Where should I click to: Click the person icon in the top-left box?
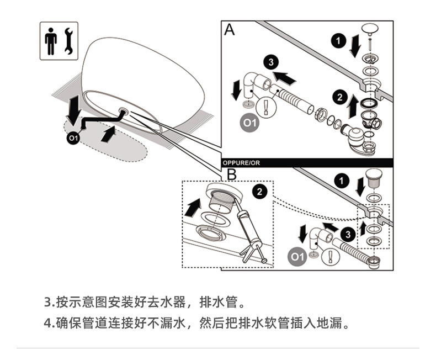click(x=51, y=40)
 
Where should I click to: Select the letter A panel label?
click(x=229, y=30)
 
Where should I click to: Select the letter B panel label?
click(x=232, y=175)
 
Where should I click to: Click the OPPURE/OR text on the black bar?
click(x=241, y=163)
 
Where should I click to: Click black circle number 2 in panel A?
click(x=337, y=98)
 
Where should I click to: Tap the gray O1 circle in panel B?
click(x=298, y=257)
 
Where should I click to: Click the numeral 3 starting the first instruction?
click(x=47, y=303)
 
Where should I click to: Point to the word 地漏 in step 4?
click(x=332, y=322)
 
